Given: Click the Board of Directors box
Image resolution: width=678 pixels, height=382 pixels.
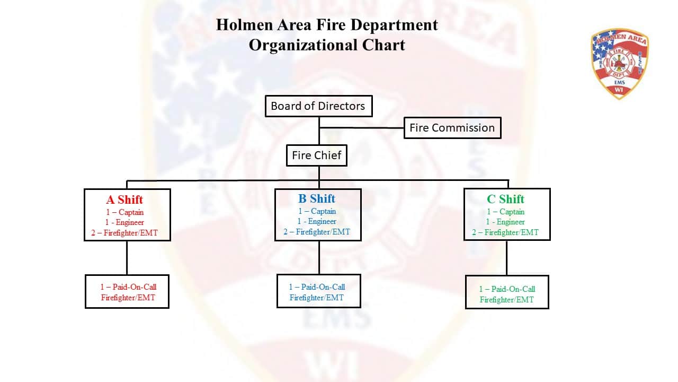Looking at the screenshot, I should coord(318,106).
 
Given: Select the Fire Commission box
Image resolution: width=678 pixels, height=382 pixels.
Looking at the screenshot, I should coord(452,128).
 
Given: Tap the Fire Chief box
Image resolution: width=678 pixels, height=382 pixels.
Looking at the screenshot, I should coord(317,156).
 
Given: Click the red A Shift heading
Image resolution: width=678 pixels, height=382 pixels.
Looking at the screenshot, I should coord(124,200).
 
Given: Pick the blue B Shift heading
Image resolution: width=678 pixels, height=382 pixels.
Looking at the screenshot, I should coord(317,199).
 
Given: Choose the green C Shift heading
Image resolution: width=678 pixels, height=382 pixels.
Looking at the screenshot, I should coord(505,199).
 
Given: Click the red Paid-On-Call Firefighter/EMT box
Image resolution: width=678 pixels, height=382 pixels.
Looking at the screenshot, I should coord(127,291).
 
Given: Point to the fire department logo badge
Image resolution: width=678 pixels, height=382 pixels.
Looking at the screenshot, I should coord(619,64).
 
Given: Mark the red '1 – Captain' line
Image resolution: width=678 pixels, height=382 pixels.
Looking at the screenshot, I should coord(124,212).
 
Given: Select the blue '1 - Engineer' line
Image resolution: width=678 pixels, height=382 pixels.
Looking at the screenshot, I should coord(317,222).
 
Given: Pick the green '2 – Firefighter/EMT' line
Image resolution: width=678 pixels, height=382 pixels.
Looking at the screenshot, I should coord(505,232).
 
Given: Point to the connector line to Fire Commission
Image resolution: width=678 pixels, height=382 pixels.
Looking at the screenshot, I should coord(361,128).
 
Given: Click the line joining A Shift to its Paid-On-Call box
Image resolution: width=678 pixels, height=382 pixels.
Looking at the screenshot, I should coord(127,258).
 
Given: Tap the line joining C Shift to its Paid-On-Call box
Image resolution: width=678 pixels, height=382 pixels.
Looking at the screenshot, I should coord(506,258).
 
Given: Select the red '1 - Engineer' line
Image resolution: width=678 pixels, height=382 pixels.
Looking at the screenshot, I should coord(124,222).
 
